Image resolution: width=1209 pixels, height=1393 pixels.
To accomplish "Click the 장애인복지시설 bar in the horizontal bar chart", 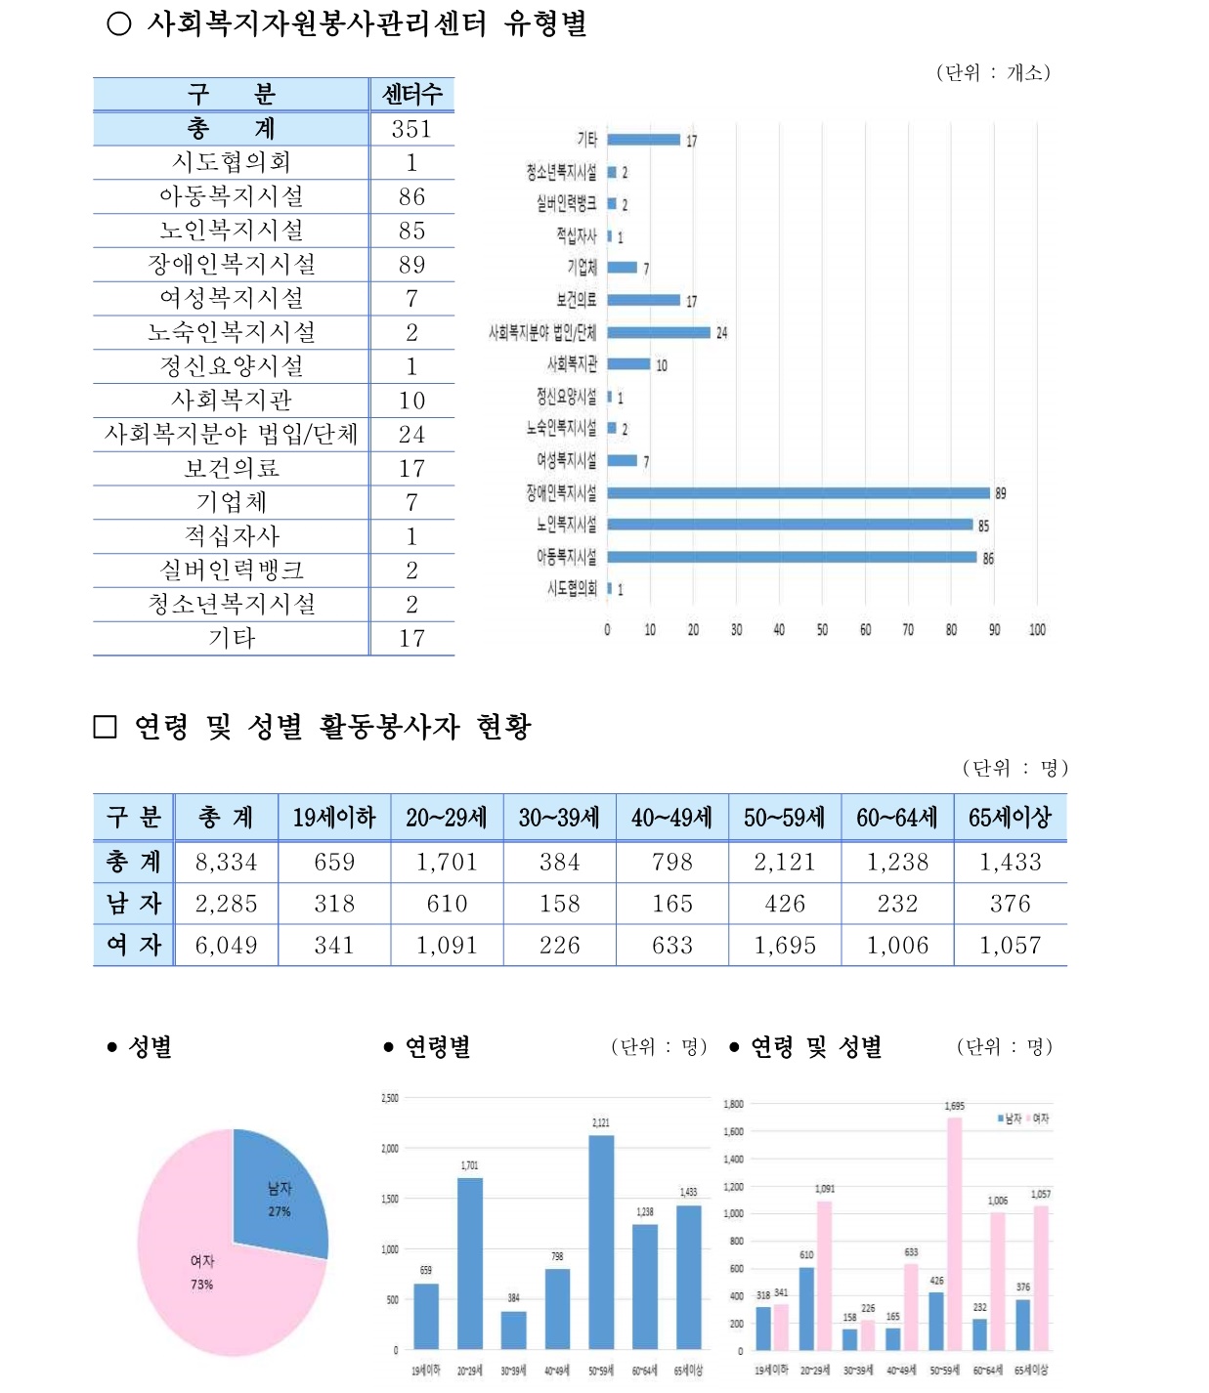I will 798,493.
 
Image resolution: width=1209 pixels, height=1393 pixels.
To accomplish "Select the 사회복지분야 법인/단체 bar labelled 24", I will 658,332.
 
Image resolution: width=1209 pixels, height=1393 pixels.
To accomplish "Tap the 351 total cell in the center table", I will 411,129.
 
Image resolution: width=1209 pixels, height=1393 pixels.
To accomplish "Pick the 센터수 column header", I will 411,95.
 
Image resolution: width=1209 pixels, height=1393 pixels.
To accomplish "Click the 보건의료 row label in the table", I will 232,469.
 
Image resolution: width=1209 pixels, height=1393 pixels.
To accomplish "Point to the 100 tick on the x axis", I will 1037,630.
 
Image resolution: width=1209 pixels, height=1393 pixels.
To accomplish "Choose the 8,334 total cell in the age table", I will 226,863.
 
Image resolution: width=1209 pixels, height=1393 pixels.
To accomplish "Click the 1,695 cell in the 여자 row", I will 785,946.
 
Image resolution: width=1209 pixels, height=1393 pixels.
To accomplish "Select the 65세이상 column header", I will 1010,818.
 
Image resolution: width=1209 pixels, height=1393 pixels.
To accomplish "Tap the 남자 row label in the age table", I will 134,905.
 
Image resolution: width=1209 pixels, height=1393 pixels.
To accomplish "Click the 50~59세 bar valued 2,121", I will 601,1241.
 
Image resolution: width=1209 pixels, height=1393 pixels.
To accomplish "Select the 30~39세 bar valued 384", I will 513,1330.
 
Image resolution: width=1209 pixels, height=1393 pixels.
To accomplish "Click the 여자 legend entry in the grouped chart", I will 1036,1119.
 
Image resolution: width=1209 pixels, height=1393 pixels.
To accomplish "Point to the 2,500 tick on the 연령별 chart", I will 389,1098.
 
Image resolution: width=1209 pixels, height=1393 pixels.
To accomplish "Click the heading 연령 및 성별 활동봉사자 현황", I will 332,727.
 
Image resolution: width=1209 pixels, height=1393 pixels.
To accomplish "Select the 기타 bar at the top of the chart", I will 643,140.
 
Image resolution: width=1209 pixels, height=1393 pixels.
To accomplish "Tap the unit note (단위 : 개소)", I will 992,72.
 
